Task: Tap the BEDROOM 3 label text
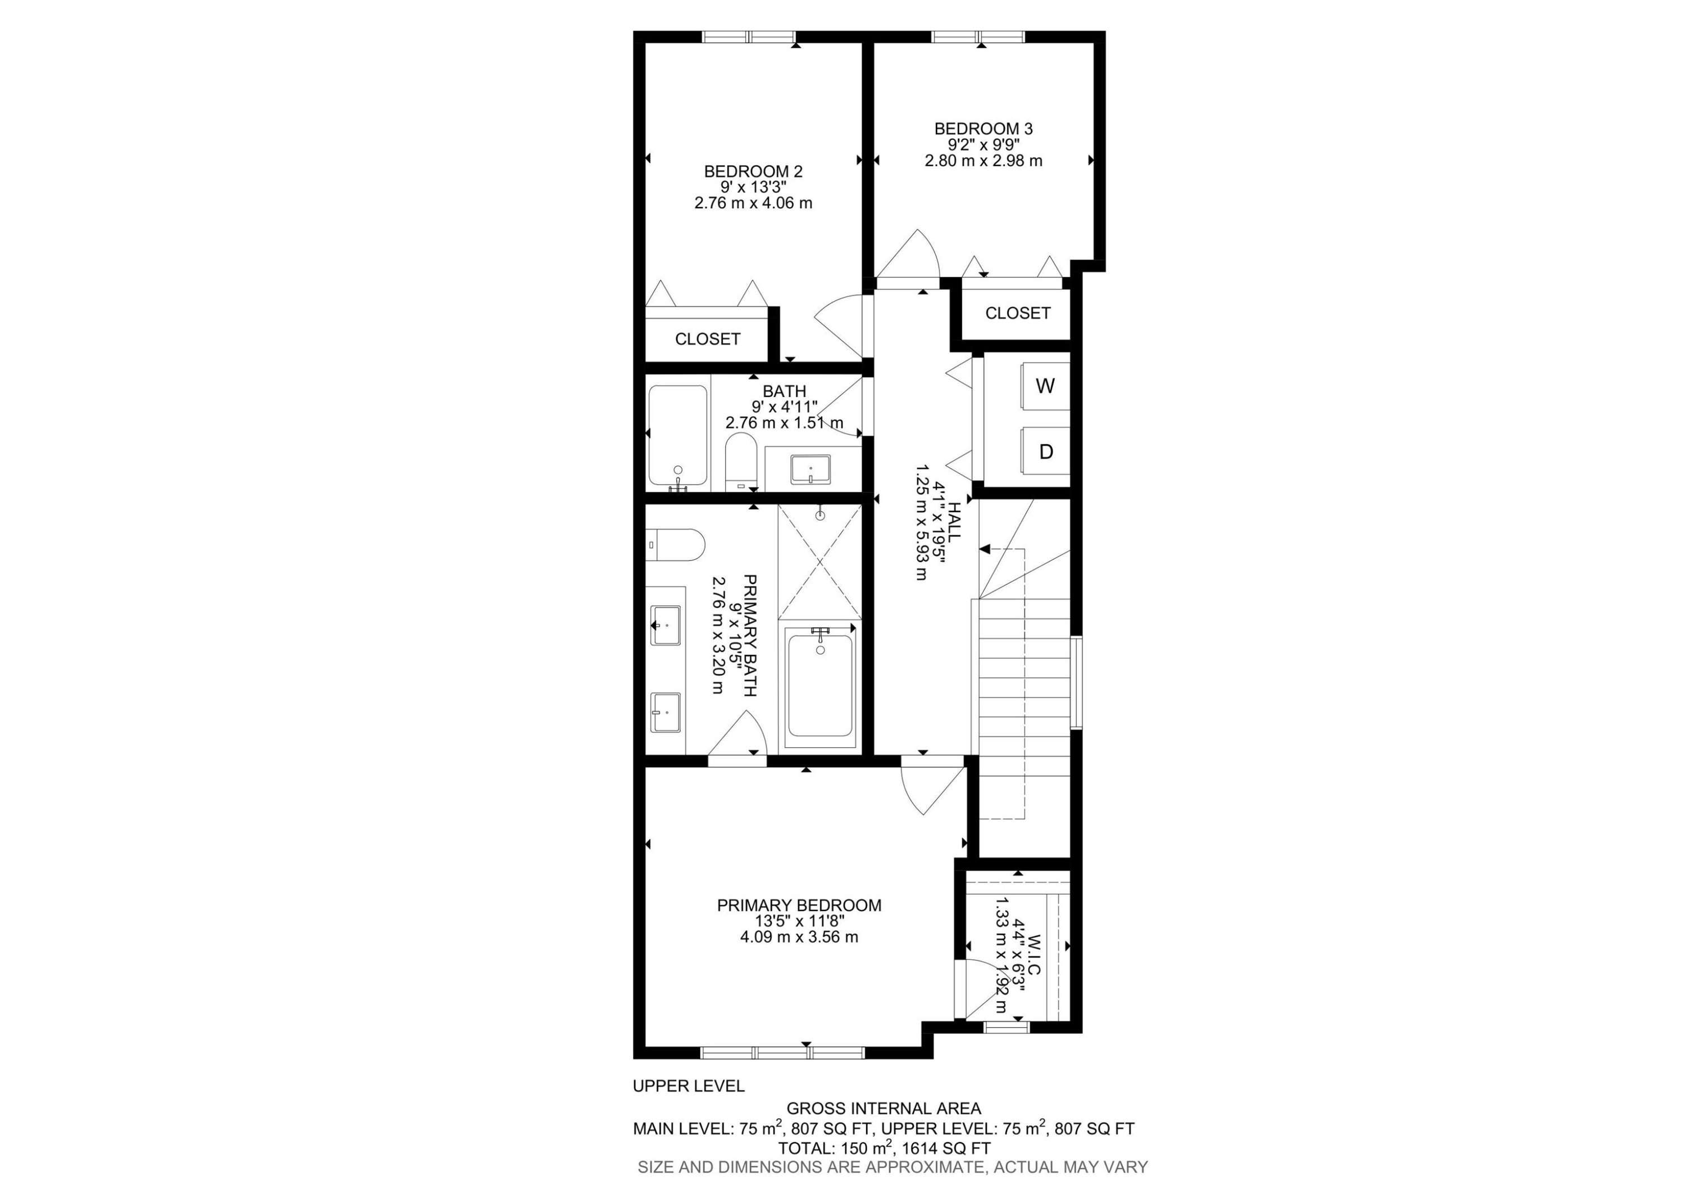(x=983, y=129)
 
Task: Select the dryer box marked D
(x=1045, y=451)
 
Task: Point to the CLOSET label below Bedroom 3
(x=1017, y=313)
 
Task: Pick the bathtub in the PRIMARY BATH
(x=819, y=686)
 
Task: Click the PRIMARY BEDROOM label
(x=799, y=905)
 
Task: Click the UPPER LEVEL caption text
(x=689, y=1086)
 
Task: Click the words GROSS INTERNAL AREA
(x=884, y=1109)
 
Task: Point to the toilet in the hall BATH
(x=740, y=462)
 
